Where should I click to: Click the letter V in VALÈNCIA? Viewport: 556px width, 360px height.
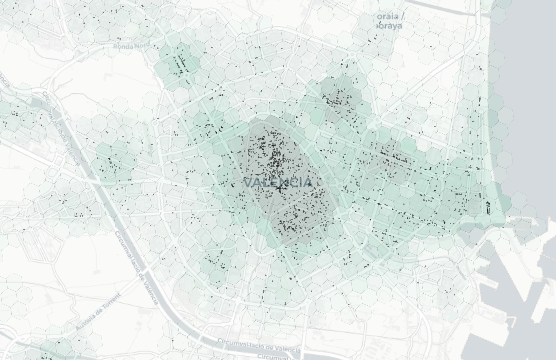coord(248,182)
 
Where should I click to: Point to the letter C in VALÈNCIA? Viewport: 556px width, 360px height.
coord(294,182)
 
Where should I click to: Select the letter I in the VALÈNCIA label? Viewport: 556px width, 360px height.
coord(301,182)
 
